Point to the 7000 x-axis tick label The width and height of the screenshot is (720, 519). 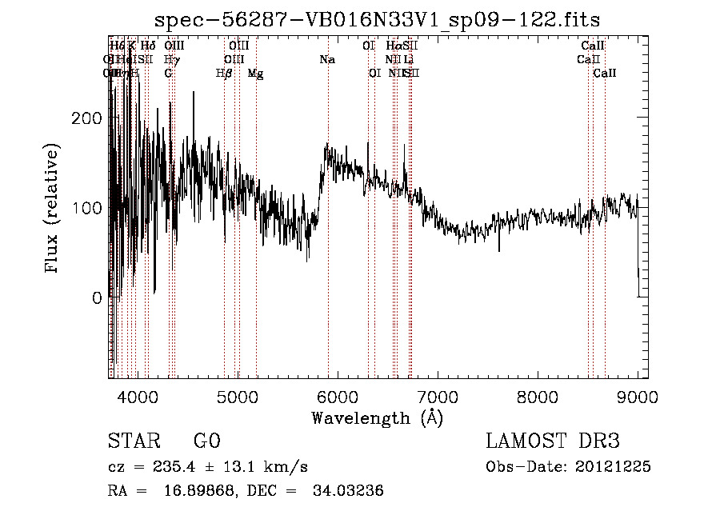pyautogui.click(x=438, y=397)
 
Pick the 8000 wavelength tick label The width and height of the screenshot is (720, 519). pyautogui.click(x=538, y=397)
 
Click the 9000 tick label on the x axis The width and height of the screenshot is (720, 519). pyautogui.click(x=638, y=397)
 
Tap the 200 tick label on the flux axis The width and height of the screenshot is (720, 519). pyautogui.click(x=86, y=118)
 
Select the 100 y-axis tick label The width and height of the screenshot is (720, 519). pyautogui.click(x=86, y=208)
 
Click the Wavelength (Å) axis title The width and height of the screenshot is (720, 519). pyautogui.click(x=377, y=417)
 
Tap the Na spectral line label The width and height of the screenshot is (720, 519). pyautogui.click(x=326, y=59)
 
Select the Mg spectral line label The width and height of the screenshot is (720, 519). pyautogui.click(x=255, y=73)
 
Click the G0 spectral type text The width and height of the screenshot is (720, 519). pyautogui.click(x=206, y=441)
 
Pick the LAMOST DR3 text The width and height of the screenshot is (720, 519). pyautogui.click(x=553, y=441)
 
